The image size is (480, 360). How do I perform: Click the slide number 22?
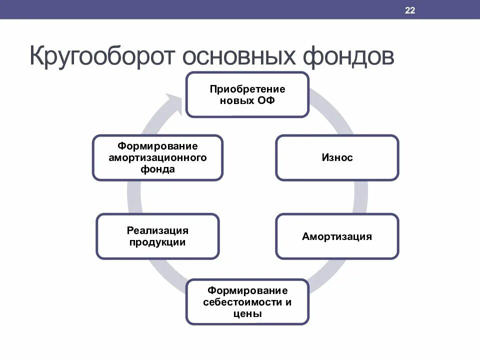[x=410, y=11]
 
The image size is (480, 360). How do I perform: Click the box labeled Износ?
[x=337, y=157]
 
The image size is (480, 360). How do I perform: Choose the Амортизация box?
[x=337, y=236]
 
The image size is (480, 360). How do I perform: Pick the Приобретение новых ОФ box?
[x=247, y=95]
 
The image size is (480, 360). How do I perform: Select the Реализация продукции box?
[x=157, y=236]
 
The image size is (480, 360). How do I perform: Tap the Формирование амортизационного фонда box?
[x=157, y=157]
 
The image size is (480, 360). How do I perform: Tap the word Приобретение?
[x=247, y=89]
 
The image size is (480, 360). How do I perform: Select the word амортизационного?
[x=157, y=157]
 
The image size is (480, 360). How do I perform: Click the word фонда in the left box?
[x=157, y=169]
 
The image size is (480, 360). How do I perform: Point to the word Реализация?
[x=157, y=231]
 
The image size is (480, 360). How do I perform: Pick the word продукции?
[x=157, y=242]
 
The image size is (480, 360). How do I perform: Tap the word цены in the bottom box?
[x=247, y=314]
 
